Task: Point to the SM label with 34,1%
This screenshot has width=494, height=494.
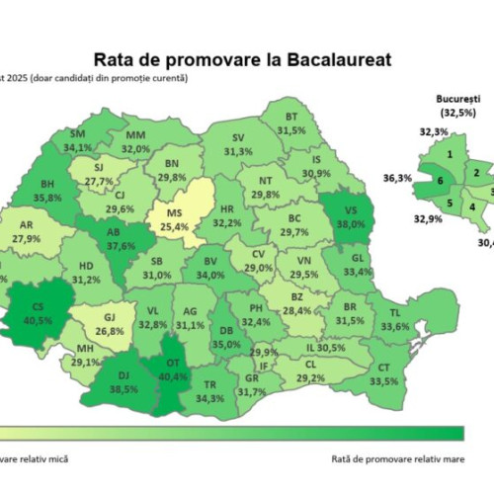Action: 78,141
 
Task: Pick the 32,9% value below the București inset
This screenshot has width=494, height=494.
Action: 423,219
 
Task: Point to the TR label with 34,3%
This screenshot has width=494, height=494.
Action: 208,391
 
